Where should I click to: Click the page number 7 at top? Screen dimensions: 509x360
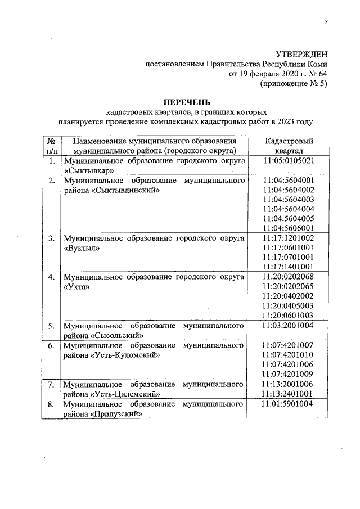[x=325, y=22]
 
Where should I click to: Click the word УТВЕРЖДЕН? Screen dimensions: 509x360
[x=300, y=54]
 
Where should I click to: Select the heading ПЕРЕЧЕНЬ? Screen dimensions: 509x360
[x=187, y=102]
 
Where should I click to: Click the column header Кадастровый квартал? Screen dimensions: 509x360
[x=289, y=146]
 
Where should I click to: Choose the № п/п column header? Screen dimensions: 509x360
[x=51, y=146]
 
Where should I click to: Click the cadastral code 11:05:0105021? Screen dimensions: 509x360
[x=289, y=161]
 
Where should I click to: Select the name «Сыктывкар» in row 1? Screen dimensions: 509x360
[x=89, y=170]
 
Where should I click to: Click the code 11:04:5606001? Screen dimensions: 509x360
[x=289, y=228]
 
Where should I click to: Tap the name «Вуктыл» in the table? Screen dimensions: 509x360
[x=82, y=248]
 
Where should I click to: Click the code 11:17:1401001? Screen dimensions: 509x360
[x=289, y=266]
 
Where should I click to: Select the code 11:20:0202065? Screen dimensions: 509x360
[x=289, y=286]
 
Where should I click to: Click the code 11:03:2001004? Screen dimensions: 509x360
[x=289, y=326]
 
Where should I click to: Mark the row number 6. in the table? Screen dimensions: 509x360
[x=51, y=345]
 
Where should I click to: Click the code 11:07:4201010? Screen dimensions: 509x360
[x=289, y=354]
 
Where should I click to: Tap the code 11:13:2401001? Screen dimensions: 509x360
[x=289, y=394]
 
